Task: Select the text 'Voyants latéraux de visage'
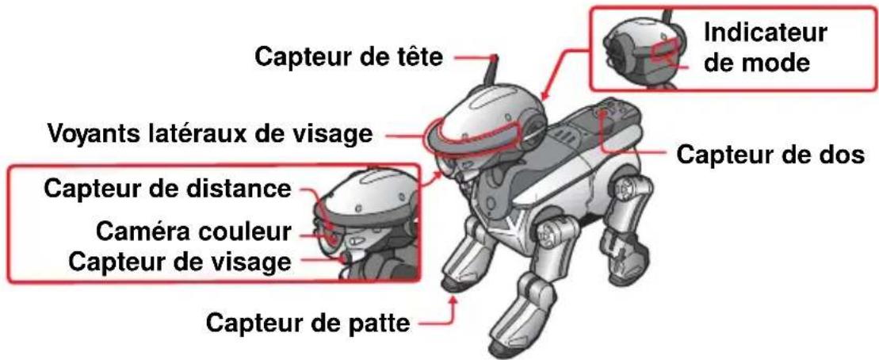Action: (x=208, y=133)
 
